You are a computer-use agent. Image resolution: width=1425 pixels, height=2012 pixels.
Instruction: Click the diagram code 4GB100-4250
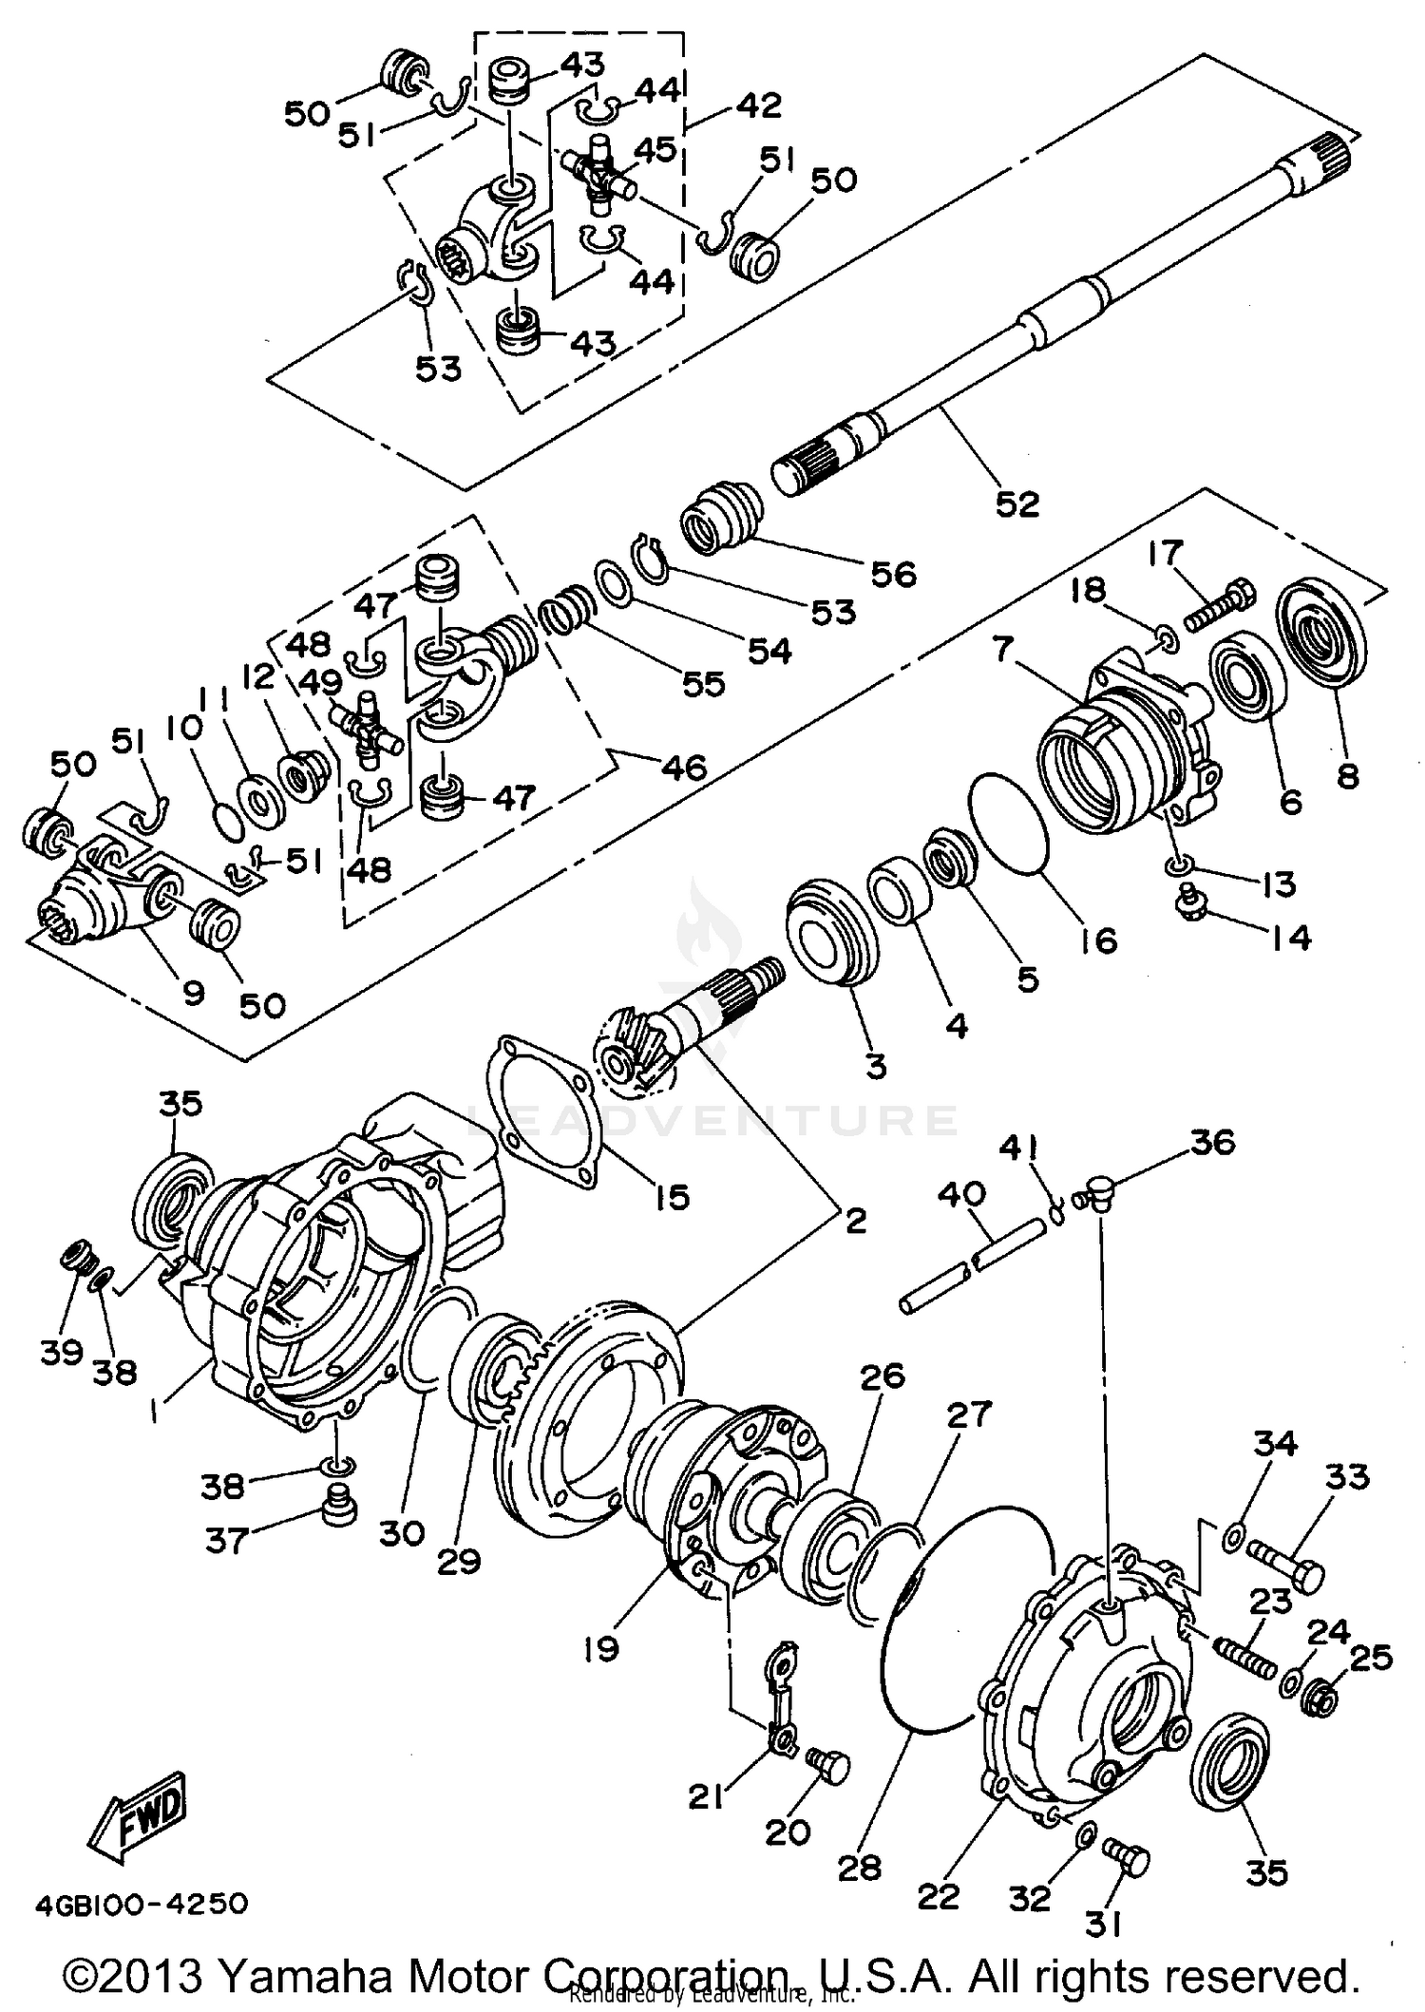(x=142, y=1904)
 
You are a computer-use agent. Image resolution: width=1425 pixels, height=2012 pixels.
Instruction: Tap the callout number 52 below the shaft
(x=1017, y=503)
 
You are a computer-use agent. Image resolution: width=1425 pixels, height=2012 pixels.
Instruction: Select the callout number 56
(x=893, y=574)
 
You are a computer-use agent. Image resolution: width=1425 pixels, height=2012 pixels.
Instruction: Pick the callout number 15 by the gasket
(x=672, y=1198)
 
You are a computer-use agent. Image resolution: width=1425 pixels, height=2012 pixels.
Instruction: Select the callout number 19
(x=602, y=1647)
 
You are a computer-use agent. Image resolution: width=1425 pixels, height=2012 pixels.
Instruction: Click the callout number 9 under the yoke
(x=193, y=993)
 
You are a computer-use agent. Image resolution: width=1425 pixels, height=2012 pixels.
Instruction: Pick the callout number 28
(x=861, y=1868)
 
